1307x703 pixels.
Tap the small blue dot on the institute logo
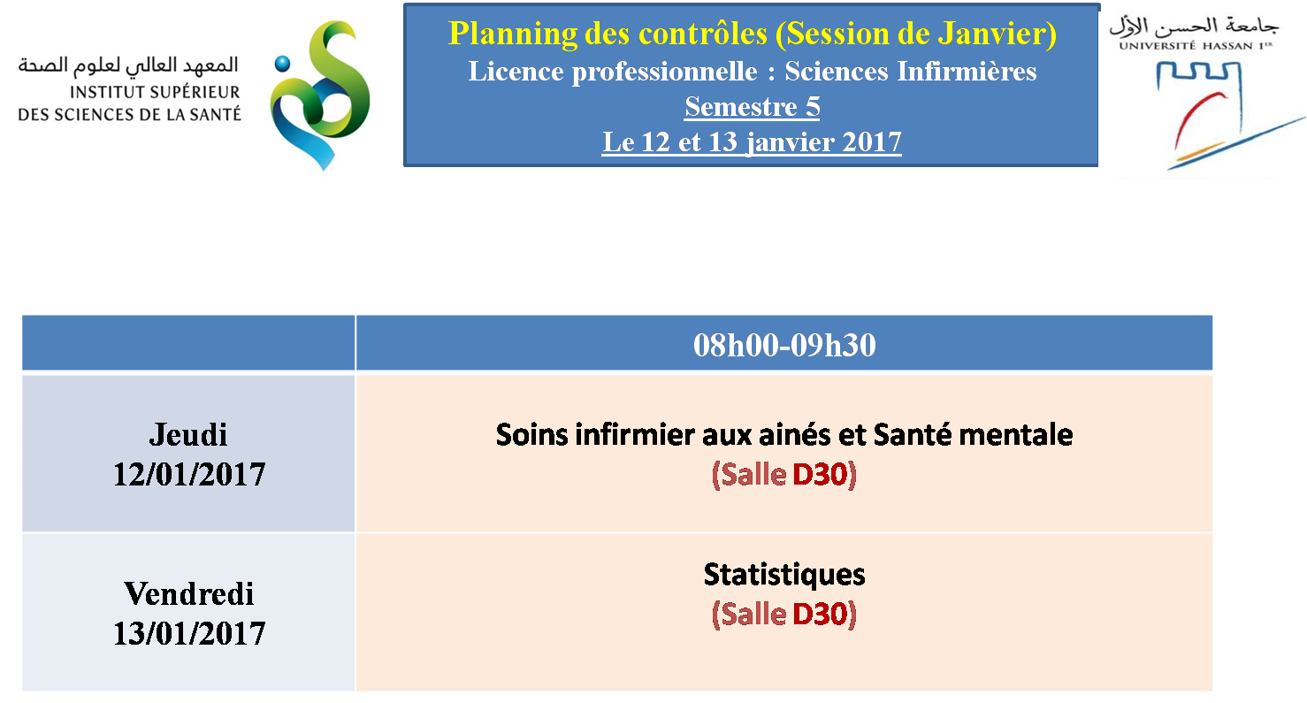tap(282, 64)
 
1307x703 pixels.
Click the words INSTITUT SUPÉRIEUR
tap(155, 92)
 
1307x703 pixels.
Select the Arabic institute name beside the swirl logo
tap(128, 65)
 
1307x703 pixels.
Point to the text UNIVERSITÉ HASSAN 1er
tap(1196, 45)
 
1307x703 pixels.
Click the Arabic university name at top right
tap(1194, 26)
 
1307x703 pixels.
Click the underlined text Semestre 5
tap(753, 107)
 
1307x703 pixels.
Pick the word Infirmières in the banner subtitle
tap(967, 71)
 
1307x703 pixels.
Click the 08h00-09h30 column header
tap(784, 345)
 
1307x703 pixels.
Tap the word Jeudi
tap(188, 435)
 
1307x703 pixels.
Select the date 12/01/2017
tap(189, 474)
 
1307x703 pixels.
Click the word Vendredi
tap(189, 594)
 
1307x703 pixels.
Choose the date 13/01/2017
tap(189, 633)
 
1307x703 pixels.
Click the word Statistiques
tap(784, 576)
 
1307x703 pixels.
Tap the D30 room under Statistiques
tap(819, 615)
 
